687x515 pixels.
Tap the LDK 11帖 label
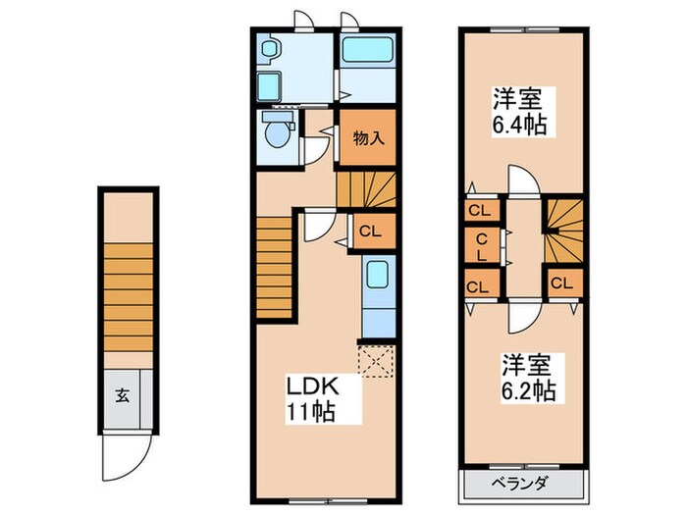(311, 397)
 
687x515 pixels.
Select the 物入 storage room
(367, 138)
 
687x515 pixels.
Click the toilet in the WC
(278, 131)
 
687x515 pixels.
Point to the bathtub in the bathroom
(367, 49)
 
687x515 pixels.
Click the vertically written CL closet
(482, 245)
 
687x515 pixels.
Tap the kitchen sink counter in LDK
(377, 294)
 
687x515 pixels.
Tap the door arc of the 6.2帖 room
(523, 315)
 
